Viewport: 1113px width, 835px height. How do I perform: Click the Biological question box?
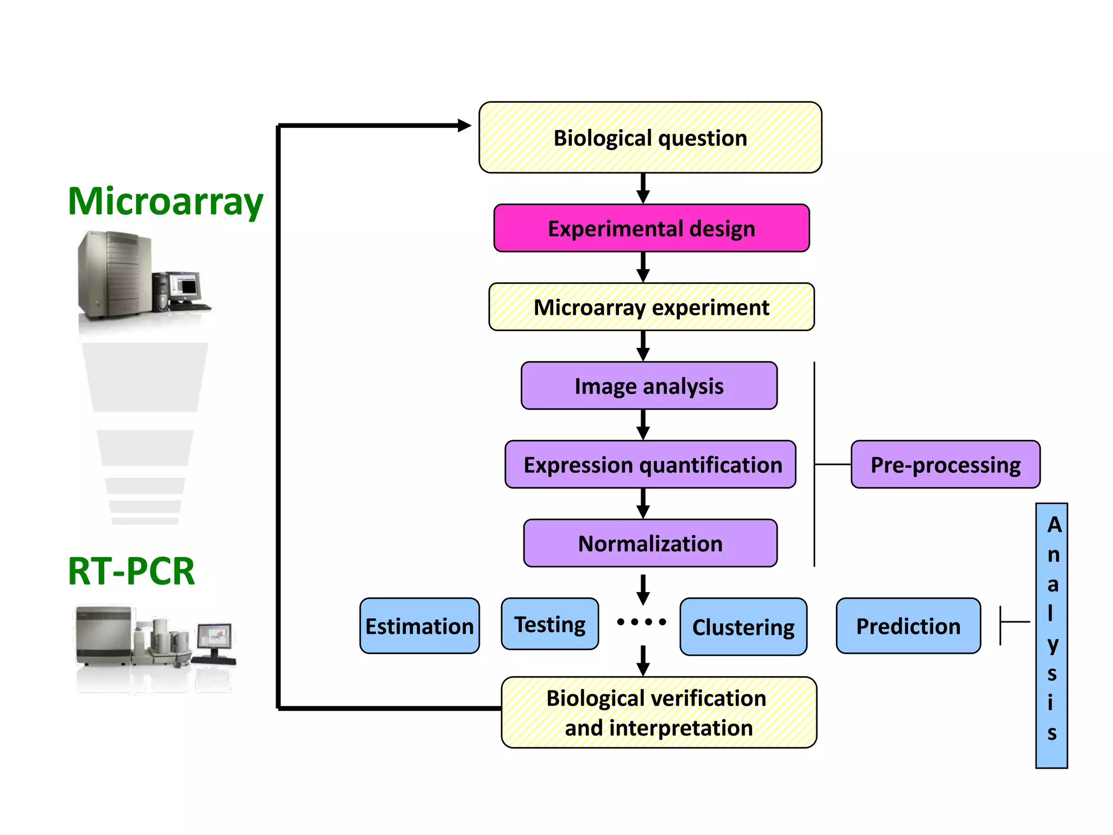pyautogui.click(x=650, y=138)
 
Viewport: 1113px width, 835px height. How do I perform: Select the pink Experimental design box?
pyautogui.click(x=651, y=228)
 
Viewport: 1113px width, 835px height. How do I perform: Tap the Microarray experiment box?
pyautogui.click(x=651, y=307)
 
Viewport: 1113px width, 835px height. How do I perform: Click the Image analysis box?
pyautogui.click(x=649, y=386)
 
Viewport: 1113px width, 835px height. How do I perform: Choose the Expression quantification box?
pyautogui.click(x=651, y=465)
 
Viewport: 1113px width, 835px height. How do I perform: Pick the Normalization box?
pyautogui.click(x=650, y=544)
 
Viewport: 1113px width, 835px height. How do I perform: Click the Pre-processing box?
pyautogui.click(x=945, y=465)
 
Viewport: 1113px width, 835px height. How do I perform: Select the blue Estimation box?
pyautogui.click(x=419, y=626)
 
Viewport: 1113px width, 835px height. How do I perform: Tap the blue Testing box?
pyautogui.click(x=549, y=624)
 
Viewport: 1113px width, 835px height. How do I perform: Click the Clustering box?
pyautogui.click(x=743, y=627)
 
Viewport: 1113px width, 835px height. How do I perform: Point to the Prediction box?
pyautogui.click(x=908, y=626)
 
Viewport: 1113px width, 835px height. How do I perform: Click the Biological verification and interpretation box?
pyautogui.click(x=658, y=713)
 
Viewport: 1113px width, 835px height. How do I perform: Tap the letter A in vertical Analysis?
pyautogui.click(x=1054, y=525)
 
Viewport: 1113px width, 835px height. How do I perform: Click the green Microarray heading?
pyautogui.click(x=165, y=202)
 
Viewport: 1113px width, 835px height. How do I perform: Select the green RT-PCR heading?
pyautogui.click(x=131, y=571)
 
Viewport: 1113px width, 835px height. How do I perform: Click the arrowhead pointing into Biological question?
pyautogui.click(x=464, y=126)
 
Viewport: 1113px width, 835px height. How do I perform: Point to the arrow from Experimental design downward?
pyautogui.click(x=643, y=267)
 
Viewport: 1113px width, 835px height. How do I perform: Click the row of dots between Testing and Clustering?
pyautogui.click(x=641, y=622)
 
